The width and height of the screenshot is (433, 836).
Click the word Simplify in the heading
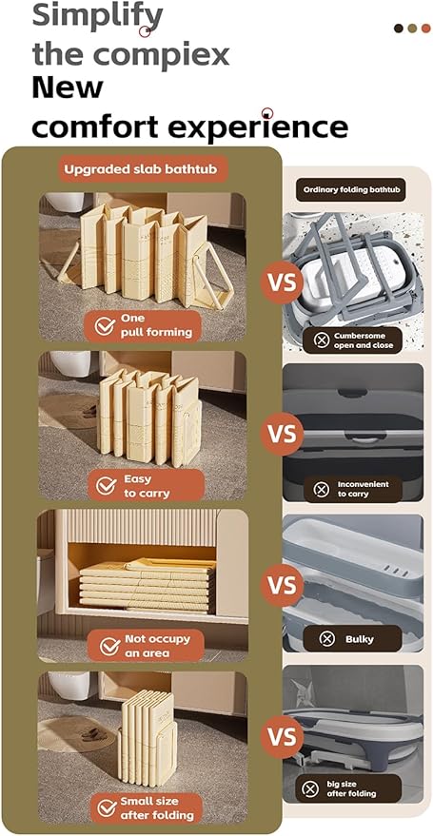[98, 17]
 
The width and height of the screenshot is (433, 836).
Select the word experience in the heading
[262, 127]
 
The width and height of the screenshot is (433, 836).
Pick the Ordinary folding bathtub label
[351, 189]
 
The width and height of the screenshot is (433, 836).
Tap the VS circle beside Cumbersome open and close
[282, 282]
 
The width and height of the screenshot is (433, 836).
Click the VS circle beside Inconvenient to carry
[282, 434]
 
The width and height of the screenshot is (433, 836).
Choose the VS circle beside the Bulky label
[282, 585]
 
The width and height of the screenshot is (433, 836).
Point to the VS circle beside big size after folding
[282, 736]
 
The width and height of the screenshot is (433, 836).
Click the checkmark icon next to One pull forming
[105, 326]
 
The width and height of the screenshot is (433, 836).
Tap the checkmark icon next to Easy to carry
[107, 486]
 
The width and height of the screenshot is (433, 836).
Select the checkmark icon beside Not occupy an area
[109, 646]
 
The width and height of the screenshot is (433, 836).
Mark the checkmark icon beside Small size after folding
[108, 808]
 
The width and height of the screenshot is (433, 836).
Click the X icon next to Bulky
[326, 639]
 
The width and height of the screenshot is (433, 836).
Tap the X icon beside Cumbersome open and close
[321, 340]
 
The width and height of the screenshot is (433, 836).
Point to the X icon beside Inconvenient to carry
[321, 490]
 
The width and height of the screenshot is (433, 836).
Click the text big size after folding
[351, 788]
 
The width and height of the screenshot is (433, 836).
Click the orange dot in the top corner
[425, 29]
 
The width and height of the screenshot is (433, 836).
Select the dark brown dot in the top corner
[399, 29]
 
